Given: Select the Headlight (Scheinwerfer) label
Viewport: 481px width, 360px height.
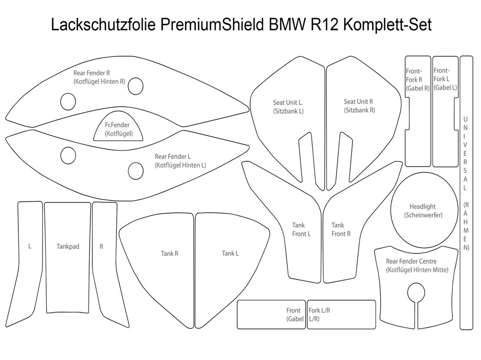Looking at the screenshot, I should click(x=422, y=211).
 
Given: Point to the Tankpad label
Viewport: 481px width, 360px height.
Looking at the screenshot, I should click(x=68, y=247).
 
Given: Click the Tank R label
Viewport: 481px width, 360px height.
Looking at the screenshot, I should click(x=170, y=254).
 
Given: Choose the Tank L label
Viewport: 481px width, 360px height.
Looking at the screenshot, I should click(x=230, y=253).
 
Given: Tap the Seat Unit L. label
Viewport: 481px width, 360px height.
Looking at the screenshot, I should click(x=288, y=107).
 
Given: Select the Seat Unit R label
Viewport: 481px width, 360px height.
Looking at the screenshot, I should click(x=359, y=106).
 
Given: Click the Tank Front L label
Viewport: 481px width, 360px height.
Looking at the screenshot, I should click(x=301, y=229).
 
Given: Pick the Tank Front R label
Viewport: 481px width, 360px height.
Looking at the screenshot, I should click(x=340, y=229).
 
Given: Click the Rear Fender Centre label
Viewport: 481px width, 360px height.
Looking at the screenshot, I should click(x=417, y=266).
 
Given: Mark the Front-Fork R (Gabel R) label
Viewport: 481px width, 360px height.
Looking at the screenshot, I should click(x=417, y=80).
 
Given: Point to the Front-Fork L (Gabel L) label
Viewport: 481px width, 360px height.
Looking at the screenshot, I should click(x=445, y=79).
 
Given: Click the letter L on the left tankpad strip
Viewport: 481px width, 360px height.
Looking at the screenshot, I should click(x=30, y=247).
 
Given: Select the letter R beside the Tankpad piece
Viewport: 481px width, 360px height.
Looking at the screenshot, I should click(x=101, y=247).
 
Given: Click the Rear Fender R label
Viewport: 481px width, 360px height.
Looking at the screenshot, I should click(x=99, y=77).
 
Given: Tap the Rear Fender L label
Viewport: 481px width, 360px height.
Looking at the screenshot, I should click(x=180, y=161).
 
